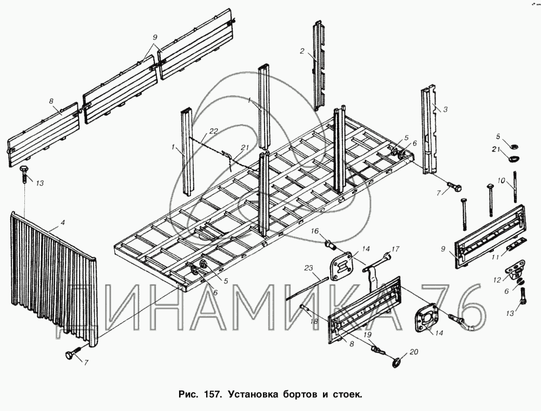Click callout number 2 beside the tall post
click(302, 51)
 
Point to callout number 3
click(445, 110)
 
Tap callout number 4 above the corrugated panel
click(62, 223)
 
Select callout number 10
click(502, 180)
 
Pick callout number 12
click(497, 280)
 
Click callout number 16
click(315, 231)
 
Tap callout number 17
click(395, 249)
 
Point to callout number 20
click(414, 352)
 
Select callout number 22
click(214, 131)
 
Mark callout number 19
click(367, 334)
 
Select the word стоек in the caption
click(347, 394)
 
